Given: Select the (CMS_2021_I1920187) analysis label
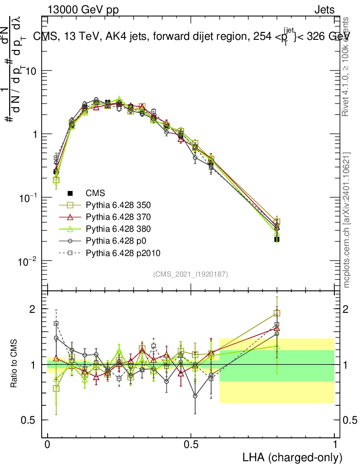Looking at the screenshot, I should (191, 274).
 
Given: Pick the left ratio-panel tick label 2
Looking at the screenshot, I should (33, 309).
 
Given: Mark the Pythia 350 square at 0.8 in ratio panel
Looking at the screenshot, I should (277, 313).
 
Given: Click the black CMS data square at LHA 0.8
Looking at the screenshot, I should (277, 239).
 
